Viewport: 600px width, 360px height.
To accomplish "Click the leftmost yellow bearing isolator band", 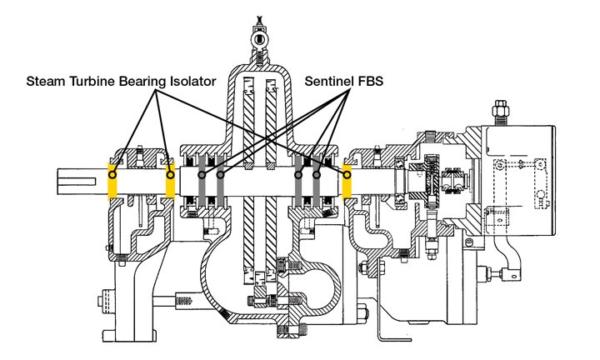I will (x=112, y=182).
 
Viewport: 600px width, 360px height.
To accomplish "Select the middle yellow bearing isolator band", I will (x=170, y=182).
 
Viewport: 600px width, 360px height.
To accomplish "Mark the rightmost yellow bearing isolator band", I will (x=347, y=182).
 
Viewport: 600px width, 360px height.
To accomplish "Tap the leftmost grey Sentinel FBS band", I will (x=201, y=182).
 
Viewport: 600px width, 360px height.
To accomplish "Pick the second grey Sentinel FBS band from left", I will (x=221, y=182).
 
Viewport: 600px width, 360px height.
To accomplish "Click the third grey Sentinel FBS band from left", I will (x=297, y=182).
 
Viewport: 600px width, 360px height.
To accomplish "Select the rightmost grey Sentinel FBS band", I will (x=317, y=182).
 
